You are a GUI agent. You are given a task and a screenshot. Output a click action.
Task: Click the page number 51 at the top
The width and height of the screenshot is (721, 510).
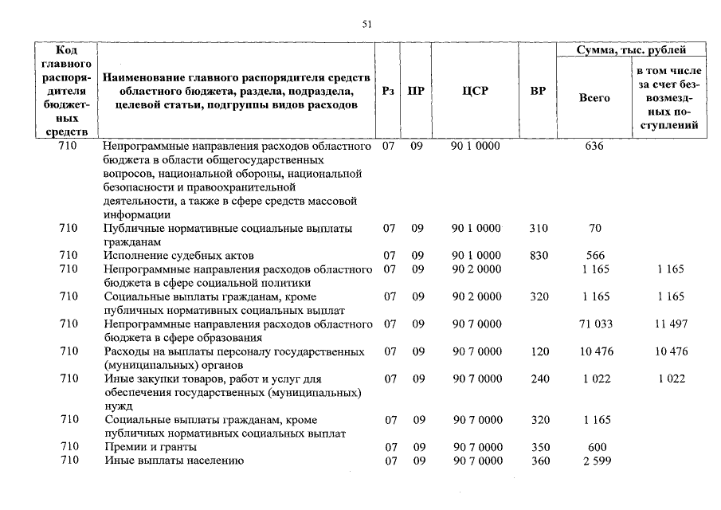[x=367, y=24]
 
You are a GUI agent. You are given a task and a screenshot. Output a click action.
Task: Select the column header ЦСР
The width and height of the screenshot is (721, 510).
[x=475, y=91]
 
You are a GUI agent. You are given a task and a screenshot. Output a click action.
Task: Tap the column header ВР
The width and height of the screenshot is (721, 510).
[x=538, y=91]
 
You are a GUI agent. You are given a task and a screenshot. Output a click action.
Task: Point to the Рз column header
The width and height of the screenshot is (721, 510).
[x=388, y=91]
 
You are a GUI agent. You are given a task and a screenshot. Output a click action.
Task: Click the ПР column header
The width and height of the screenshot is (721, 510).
[x=416, y=91]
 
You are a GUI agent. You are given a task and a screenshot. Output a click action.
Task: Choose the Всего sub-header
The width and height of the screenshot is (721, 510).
[x=594, y=98]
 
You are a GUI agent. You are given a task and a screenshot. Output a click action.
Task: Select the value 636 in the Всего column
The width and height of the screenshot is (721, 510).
[x=594, y=147]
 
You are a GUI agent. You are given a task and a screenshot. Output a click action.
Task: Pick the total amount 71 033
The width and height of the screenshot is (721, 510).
[x=595, y=324]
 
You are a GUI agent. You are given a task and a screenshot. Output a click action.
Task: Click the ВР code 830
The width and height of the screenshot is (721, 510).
[x=539, y=256]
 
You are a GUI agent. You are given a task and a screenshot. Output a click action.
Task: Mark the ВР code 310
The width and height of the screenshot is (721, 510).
[x=539, y=229]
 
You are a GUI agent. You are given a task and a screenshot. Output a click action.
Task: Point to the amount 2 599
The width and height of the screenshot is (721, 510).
[x=595, y=461]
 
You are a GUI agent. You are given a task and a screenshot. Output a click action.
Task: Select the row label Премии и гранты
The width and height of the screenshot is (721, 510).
[x=151, y=447]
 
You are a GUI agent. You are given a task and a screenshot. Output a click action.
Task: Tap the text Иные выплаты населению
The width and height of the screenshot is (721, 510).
[x=174, y=461]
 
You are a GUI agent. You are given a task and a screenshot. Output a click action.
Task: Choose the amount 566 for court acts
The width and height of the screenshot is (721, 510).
[x=595, y=256]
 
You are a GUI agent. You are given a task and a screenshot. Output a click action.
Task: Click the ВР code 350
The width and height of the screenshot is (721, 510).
[x=539, y=447]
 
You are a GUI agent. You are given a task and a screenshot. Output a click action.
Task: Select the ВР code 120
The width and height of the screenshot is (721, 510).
[x=539, y=351]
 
